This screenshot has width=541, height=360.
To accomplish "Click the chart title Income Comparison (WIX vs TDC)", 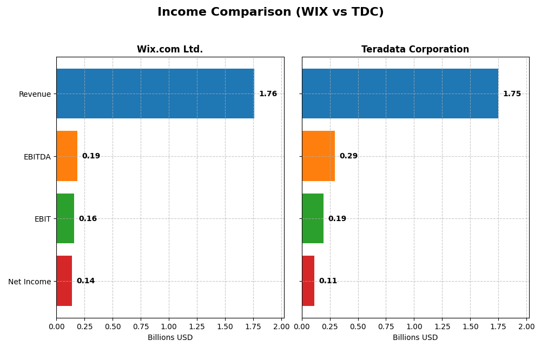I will (x=270, y=12).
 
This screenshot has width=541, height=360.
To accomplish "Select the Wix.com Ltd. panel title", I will (x=170, y=50).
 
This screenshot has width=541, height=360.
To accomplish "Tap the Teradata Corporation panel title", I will (x=415, y=50).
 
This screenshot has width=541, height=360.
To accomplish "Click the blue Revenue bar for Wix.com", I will (x=155, y=94).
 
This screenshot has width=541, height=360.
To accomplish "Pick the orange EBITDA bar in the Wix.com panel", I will (x=67, y=156).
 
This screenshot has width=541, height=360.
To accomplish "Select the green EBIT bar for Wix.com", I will (x=65, y=218).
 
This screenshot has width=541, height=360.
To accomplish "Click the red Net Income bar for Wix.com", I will (x=64, y=281).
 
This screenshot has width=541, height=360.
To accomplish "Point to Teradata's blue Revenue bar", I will (x=400, y=94).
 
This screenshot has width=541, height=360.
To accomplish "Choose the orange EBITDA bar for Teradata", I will (x=318, y=156).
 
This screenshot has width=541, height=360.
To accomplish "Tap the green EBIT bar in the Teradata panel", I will (x=313, y=218).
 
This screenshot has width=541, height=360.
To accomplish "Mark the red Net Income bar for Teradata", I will (x=308, y=281).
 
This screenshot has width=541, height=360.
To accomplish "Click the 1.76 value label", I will (x=268, y=94).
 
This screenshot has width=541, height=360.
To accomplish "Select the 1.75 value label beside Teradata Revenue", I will (x=512, y=94).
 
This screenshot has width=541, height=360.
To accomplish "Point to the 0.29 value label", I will (x=348, y=156).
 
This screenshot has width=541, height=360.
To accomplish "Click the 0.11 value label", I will (x=328, y=281).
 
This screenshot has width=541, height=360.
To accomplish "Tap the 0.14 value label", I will (x=85, y=281).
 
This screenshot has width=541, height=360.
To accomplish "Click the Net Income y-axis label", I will (x=30, y=282).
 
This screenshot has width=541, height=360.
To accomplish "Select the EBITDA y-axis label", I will (x=37, y=157).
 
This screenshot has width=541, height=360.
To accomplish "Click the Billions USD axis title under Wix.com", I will (x=170, y=338).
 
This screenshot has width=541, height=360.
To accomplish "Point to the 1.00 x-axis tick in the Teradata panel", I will (x=414, y=326).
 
